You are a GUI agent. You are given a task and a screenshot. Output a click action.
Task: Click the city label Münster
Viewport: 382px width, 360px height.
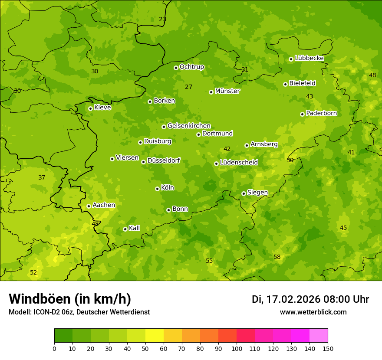(x=227, y=91)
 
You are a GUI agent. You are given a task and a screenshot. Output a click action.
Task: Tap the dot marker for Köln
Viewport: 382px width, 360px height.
(x=157, y=189)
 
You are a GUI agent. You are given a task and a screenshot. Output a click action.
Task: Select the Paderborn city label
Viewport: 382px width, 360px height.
(x=321, y=113)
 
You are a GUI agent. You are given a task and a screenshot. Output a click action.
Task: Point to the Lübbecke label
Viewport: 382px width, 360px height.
(x=309, y=58)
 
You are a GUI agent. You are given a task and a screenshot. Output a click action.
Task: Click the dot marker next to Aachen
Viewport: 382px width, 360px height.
(x=89, y=206)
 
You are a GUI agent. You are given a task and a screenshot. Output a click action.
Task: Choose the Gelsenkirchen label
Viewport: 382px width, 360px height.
(x=189, y=126)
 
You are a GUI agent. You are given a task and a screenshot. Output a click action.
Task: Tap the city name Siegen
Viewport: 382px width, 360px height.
(x=257, y=193)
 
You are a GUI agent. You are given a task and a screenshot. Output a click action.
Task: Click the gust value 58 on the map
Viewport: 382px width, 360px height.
(x=277, y=257)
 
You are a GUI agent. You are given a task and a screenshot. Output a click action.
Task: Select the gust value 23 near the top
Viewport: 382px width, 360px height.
(x=162, y=20)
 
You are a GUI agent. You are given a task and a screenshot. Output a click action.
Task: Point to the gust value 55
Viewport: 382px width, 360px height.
(x=209, y=261)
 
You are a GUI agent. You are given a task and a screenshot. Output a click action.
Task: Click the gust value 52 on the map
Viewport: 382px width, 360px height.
(x=33, y=272)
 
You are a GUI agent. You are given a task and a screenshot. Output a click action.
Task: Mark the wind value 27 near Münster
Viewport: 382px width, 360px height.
(x=188, y=87)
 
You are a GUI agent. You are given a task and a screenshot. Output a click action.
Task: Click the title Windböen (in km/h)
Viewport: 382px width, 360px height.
(x=70, y=299)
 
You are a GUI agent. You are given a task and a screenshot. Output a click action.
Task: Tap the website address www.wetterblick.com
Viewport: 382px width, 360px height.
(x=313, y=312)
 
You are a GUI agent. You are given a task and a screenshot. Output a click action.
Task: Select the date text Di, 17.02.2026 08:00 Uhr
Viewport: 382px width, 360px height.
(x=310, y=299)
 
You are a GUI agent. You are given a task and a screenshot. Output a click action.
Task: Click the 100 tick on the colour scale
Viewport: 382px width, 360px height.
(x=237, y=348)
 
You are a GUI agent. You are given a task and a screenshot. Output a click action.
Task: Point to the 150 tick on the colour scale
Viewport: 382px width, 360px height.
(x=328, y=348)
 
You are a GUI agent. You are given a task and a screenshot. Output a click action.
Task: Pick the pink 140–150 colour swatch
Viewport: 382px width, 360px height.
(x=319, y=336)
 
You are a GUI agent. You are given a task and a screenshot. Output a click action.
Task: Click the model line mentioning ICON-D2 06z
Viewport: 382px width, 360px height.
(x=79, y=312)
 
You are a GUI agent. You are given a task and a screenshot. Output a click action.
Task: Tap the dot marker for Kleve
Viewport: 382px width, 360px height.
(x=90, y=108)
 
